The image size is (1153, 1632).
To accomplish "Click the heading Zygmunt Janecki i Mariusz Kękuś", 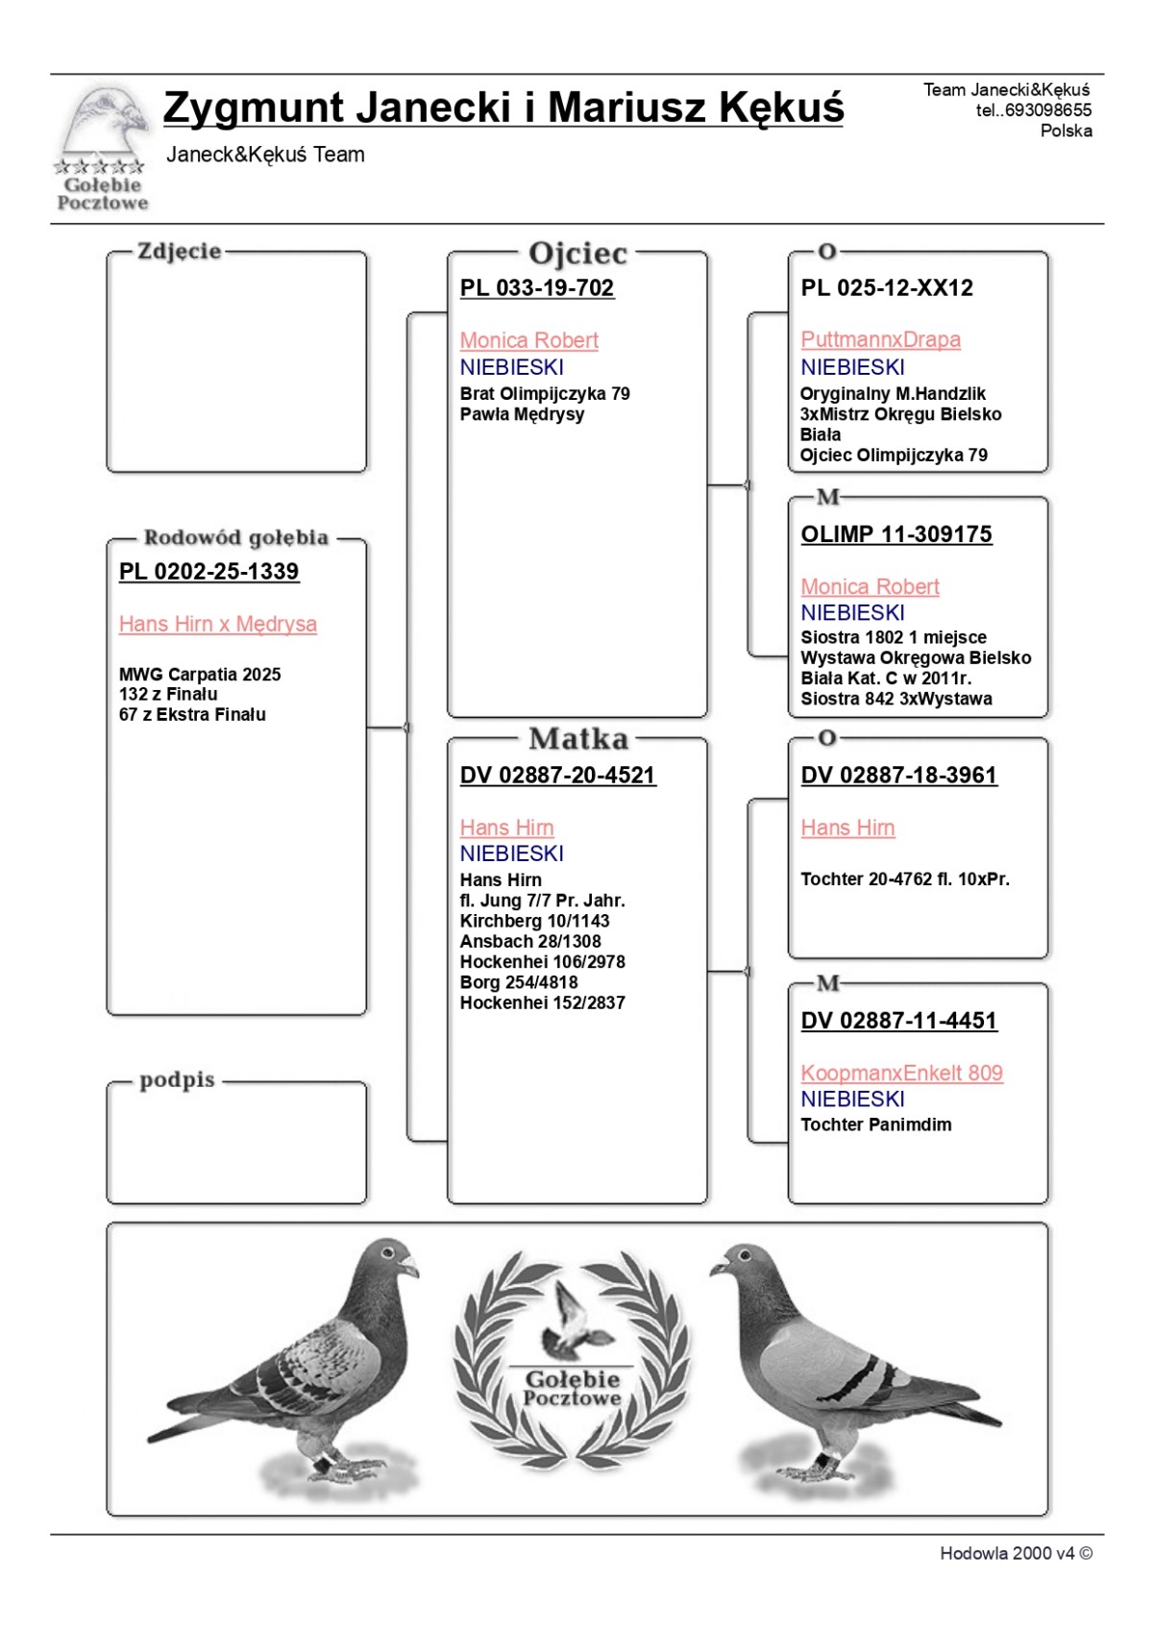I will pos(503,108).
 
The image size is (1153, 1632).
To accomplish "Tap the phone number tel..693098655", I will pos(1033,111).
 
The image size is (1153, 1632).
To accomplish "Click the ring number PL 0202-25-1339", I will pos(209,572).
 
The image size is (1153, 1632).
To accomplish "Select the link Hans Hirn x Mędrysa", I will pos(217,625).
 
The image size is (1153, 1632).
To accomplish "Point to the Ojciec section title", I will pos(577,254).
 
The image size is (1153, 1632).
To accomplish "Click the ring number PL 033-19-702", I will pos(536,288).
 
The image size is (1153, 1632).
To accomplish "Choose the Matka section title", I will pos(577,739).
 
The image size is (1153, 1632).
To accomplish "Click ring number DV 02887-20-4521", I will pos(557,776).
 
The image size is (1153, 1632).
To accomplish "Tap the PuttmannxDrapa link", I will pos(880,340).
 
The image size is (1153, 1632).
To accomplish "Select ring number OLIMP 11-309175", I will pos(895,535).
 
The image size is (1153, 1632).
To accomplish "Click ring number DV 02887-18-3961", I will pos(898,776).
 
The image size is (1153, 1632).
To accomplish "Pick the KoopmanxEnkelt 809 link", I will pos(901,1074).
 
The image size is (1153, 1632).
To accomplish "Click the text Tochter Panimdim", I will pos(875,1125).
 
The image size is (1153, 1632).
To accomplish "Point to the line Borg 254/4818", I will pos(518,982).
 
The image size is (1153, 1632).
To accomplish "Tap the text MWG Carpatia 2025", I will pos(200,675).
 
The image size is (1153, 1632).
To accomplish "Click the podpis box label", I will pos(177,1080).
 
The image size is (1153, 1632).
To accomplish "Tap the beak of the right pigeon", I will pos(717,1269).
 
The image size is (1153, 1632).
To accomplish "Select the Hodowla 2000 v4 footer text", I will pos(1015,1553).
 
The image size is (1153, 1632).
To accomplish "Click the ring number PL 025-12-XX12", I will pos(886,288).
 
